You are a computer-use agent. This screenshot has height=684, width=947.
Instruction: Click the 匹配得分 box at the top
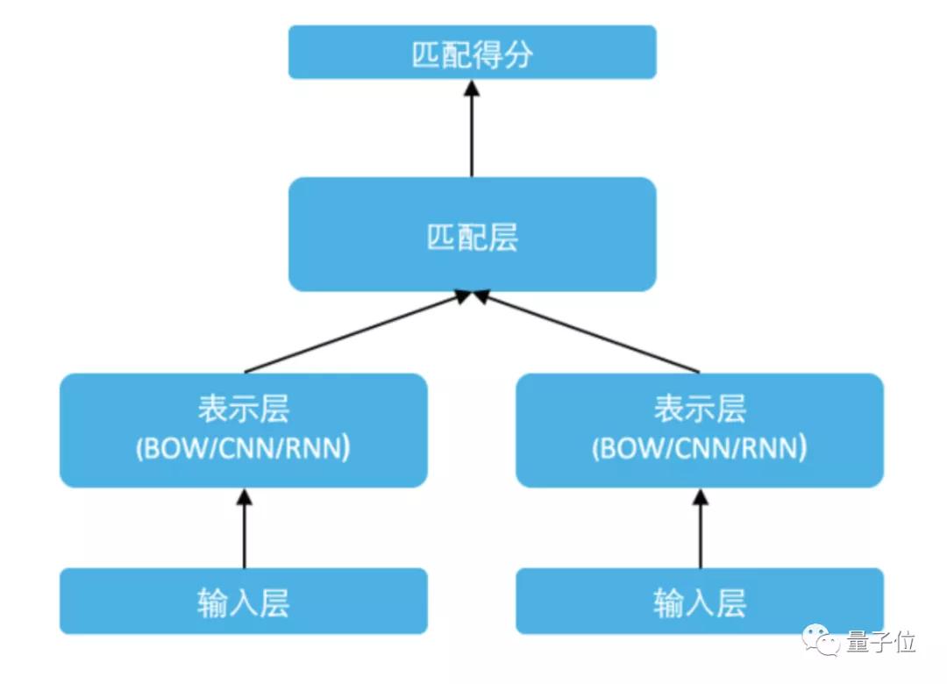pos(472,53)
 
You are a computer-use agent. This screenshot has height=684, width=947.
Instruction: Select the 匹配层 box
pos(472,234)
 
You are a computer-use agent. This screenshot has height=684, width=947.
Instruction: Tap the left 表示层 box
pos(243,431)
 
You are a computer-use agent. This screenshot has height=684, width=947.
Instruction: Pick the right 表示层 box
pos(700,431)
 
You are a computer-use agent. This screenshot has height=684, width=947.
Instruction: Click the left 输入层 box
pos(243,602)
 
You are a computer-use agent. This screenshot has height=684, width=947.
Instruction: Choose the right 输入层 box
pos(700,602)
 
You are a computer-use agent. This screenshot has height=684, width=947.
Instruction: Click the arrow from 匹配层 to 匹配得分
pos(472,132)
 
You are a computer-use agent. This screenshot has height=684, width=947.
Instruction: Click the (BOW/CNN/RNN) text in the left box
pos(243,449)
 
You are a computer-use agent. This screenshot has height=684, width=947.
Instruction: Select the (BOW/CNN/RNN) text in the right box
pos(700,449)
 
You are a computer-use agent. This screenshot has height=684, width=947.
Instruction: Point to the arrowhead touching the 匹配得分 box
pos(472,87)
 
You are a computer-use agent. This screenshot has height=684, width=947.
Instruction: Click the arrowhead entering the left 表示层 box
pos(244,496)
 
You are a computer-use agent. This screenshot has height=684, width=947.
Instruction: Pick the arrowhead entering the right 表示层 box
pos(700,496)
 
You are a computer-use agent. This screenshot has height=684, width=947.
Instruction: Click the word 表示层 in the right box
pos(700,410)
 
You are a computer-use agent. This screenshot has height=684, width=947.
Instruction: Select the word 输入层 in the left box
pos(243,602)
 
